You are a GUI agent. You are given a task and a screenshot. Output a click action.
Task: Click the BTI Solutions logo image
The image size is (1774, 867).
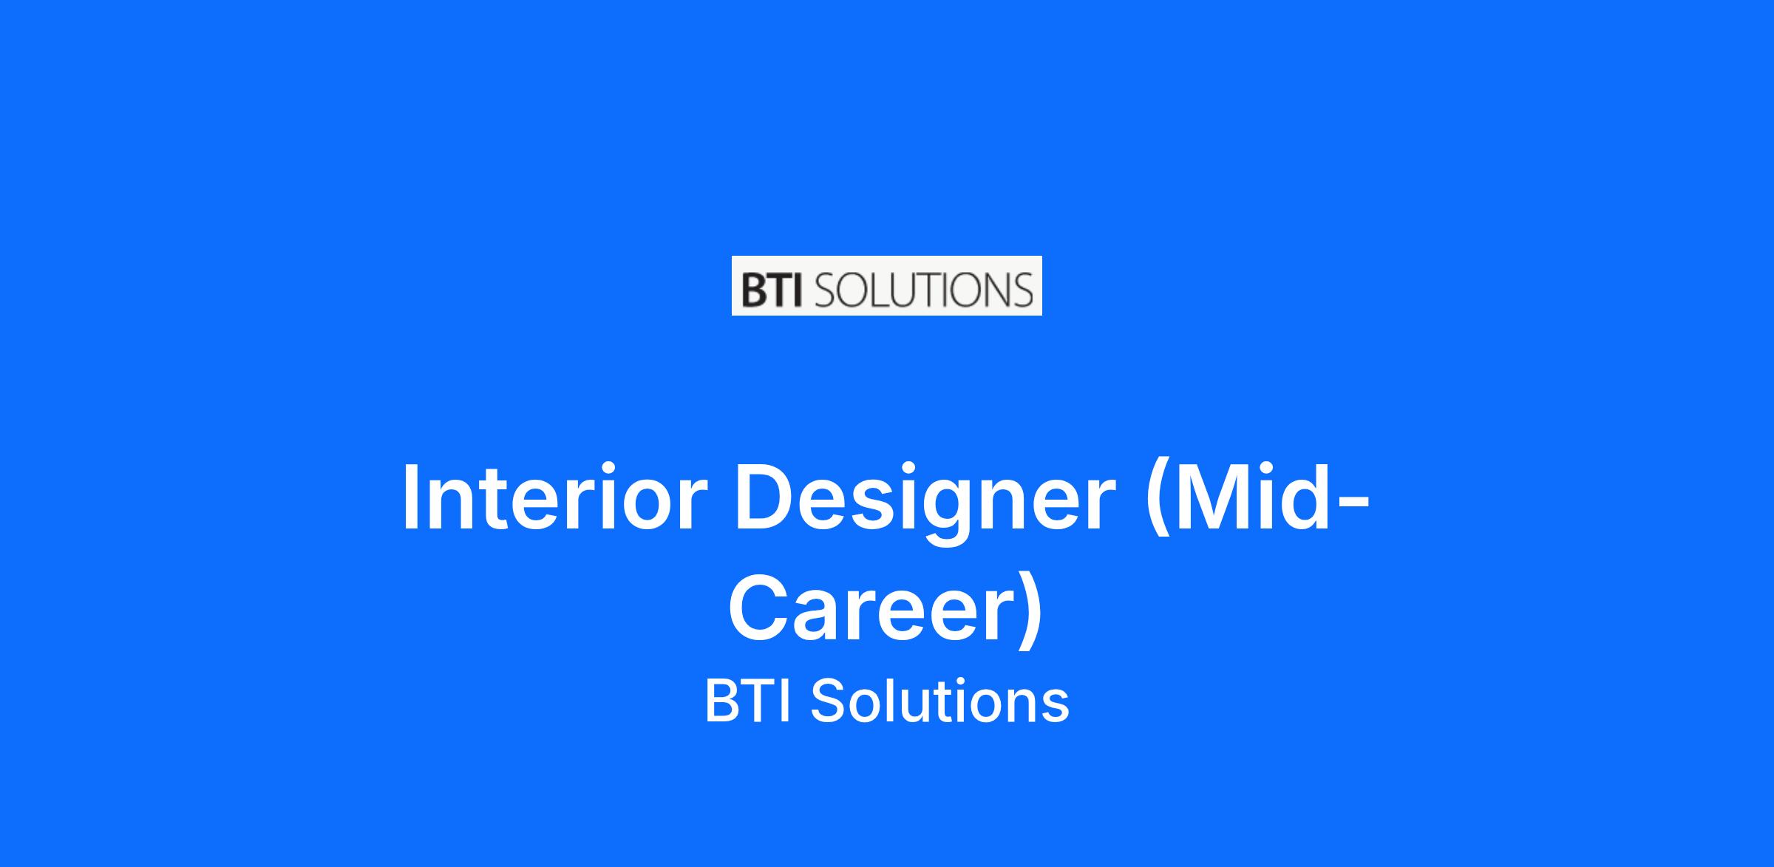(886, 285)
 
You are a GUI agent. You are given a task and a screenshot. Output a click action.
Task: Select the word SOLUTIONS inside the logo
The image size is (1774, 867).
(922, 290)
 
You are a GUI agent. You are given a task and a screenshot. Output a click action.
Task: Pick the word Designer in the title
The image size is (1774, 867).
(925, 503)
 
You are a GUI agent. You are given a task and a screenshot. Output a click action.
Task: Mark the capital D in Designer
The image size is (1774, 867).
(765, 496)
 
